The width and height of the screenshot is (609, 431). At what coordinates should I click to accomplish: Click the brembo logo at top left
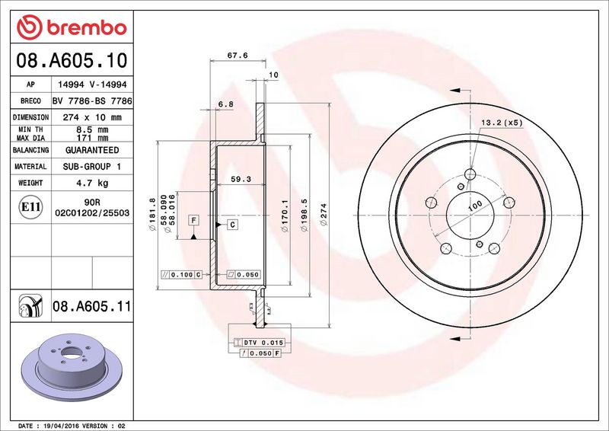[x=72, y=27]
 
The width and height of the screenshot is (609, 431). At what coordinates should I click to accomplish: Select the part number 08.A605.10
[x=72, y=60]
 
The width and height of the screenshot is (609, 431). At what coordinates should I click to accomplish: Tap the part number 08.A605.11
[x=91, y=306]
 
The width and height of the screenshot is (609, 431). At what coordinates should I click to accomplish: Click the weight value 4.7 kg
[x=92, y=183]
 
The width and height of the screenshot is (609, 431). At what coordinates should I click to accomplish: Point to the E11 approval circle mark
[x=30, y=207]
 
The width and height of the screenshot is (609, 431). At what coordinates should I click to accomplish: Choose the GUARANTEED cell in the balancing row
[x=92, y=150]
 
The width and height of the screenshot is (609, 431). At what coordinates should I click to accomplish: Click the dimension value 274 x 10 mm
[x=92, y=117]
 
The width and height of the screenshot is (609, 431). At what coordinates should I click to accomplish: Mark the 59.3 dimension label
[x=241, y=179]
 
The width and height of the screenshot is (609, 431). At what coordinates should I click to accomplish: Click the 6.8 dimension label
[x=225, y=104]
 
